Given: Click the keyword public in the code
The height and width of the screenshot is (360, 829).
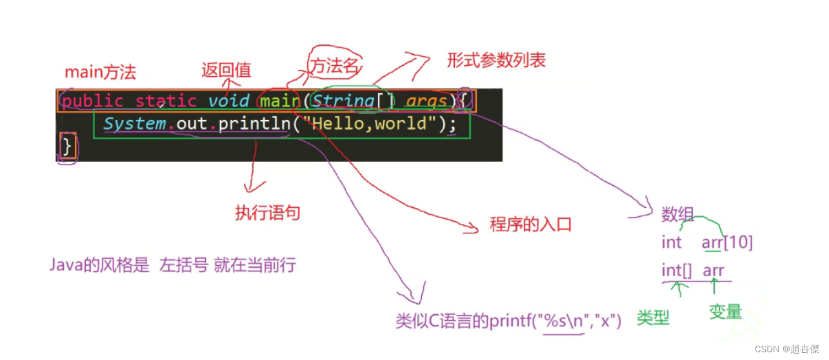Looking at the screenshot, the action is pos(92,101).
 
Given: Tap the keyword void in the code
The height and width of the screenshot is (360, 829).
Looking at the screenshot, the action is pos(228,101).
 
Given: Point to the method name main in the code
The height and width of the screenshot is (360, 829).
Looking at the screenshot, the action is pos(280,101).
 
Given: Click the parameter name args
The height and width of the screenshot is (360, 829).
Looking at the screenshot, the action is pos(426,101).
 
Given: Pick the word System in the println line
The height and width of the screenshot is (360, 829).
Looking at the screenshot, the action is pos(135,123).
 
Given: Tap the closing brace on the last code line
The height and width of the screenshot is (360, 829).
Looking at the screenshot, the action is pos(67,146).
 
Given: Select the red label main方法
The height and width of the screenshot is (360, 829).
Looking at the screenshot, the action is pos(100,72).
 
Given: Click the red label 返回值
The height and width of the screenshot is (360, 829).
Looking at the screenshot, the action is pos(226,70).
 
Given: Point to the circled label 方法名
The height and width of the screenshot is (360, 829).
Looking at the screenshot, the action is pos(335,65).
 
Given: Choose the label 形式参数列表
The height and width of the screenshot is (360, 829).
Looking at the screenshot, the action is pos(496,60).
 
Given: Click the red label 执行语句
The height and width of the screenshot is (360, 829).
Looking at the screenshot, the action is pos(268,213).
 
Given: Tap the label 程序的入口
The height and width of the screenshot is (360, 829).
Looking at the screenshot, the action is pos(530,225).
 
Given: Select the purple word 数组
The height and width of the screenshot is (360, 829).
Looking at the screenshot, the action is pos(677,214).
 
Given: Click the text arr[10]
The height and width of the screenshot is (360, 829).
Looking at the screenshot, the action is pos(727,243).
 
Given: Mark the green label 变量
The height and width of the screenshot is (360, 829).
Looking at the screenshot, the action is pos(725,312).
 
